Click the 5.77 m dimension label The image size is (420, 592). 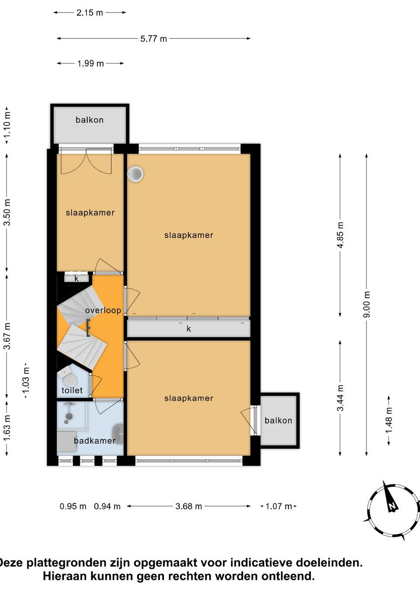pyautogui.click(x=154, y=39)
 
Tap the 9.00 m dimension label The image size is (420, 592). pyautogui.click(x=367, y=304)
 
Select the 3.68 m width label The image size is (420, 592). pyautogui.click(x=189, y=506)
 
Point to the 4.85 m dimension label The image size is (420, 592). pyautogui.click(x=340, y=235)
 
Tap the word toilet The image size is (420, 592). pyautogui.click(x=72, y=390)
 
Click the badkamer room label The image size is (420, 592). pyautogui.click(x=95, y=441)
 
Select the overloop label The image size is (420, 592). pyautogui.click(x=103, y=310)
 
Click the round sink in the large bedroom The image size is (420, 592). pyautogui.click(x=135, y=174)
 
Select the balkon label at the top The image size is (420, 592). pyautogui.click(x=90, y=120)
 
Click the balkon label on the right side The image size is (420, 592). pyautogui.click(x=278, y=420)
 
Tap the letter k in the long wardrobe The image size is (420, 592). pyautogui.click(x=189, y=329)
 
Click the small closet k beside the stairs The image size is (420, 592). pyautogui.click(x=77, y=278)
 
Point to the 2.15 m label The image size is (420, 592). pyautogui.click(x=90, y=13)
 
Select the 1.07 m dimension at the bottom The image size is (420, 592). pyautogui.click(x=279, y=506)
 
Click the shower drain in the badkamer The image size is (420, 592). pyautogui.click(x=69, y=416)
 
